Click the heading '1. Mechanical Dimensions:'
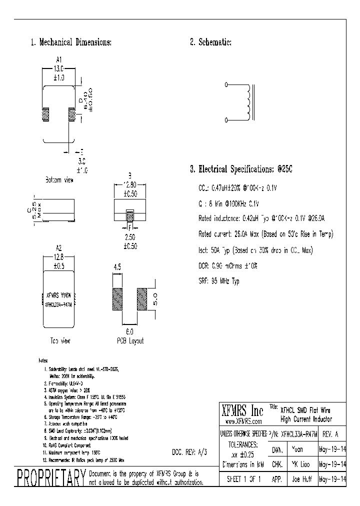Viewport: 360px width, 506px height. (x=71, y=42)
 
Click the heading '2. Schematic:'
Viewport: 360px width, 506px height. (x=210, y=42)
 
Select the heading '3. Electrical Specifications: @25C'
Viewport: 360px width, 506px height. (x=240, y=169)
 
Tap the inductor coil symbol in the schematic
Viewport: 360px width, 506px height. (x=246, y=102)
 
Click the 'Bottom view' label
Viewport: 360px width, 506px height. (x=59, y=180)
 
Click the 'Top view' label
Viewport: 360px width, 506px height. (x=59, y=340)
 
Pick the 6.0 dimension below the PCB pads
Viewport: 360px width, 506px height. (x=129, y=331)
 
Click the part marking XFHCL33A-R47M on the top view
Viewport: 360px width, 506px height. (x=59, y=303)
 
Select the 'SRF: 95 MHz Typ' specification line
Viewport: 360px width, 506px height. (x=218, y=281)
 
